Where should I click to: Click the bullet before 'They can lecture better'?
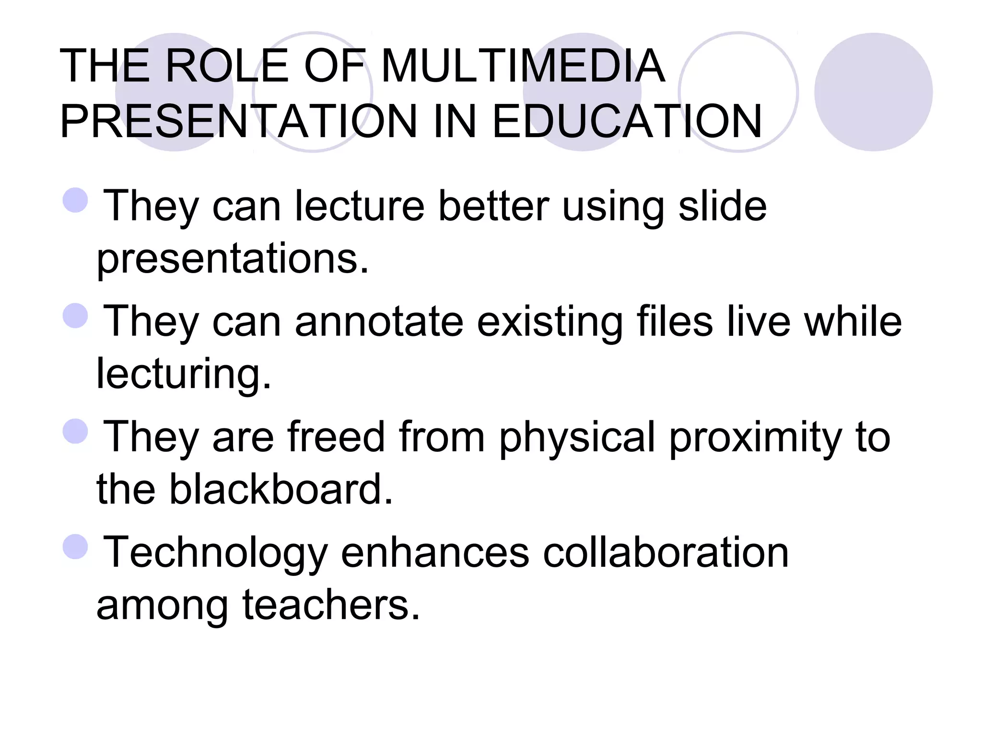(x=76, y=200)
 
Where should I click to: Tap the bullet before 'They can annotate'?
(x=76, y=316)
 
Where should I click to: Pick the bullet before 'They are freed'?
(x=76, y=431)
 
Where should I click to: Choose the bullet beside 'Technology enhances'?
(x=76, y=547)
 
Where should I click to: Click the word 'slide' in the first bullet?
(x=723, y=206)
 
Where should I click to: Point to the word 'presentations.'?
(x=233, y=259)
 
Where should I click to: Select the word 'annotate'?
(x=379, y=322)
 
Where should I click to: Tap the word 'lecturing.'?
(x=184, y=374)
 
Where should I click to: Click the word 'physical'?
(x=577, y=437)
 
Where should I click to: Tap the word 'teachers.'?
(x=331, y=605)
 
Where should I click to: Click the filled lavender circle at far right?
(x=873, y=92)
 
